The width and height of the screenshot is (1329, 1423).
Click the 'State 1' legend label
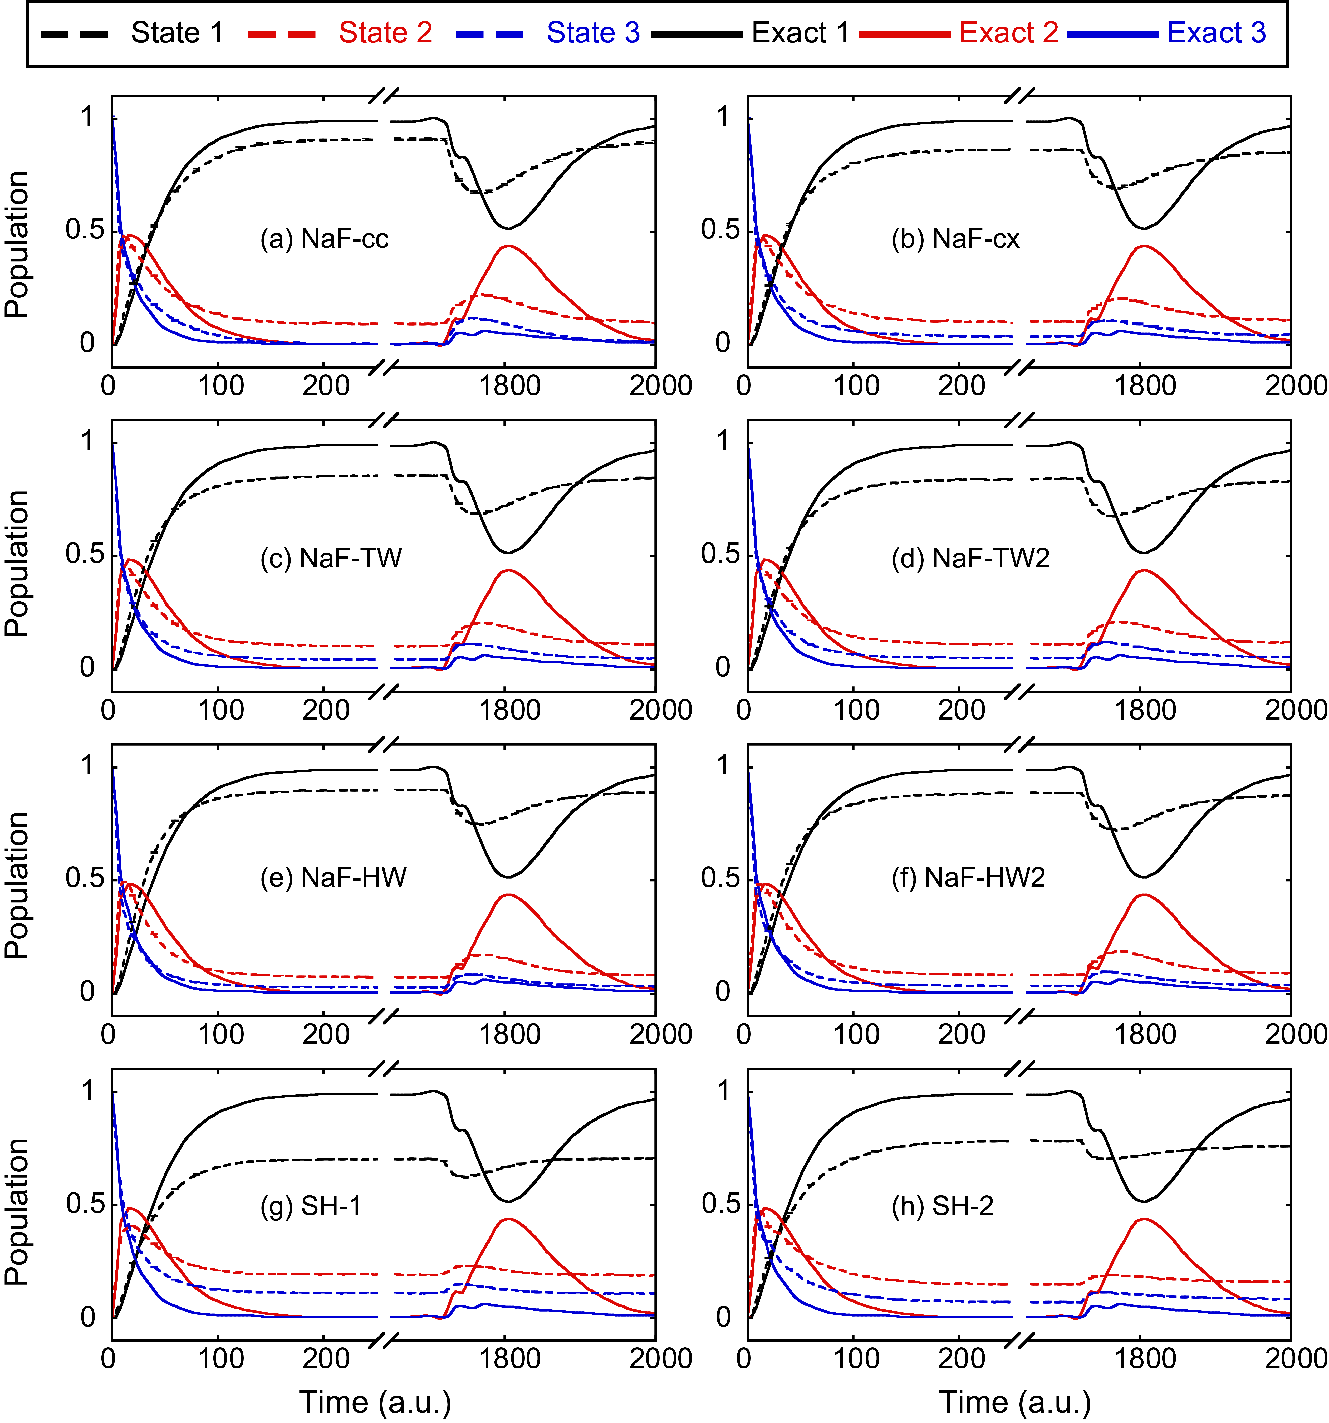[x=177, y=33]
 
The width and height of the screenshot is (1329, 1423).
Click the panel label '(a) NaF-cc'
[x=324, y=238]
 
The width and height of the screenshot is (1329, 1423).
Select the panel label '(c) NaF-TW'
[x=331, y=558]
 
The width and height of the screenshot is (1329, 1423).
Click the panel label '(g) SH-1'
[x=311, y=1206]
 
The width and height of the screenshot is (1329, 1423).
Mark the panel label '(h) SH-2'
[x=942, y=1206]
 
